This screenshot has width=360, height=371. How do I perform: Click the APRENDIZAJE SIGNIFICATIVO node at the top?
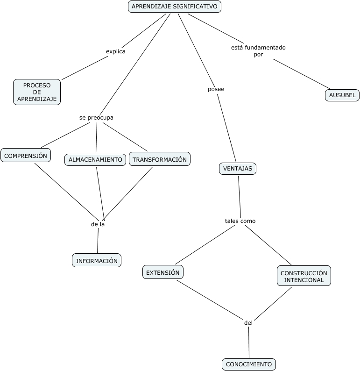175,7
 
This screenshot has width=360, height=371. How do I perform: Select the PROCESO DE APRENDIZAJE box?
37,92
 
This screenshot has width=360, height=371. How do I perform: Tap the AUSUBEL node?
342,95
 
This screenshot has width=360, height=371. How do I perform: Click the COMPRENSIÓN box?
26,156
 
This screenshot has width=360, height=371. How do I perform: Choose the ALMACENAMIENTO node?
95,160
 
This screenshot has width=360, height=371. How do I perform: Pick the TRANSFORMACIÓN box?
160,159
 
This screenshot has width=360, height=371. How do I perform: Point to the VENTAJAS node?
238,169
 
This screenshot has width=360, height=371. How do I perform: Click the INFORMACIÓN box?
97,261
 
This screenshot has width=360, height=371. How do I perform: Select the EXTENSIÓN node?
163,272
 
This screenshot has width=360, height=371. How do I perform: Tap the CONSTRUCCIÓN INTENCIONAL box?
304,276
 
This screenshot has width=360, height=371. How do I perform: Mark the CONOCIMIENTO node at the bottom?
249,364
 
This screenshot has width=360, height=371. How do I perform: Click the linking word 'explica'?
116,51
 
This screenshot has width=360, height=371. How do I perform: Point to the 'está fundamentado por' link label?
258,51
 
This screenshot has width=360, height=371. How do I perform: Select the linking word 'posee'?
216,89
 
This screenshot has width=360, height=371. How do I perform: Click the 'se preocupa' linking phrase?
96,118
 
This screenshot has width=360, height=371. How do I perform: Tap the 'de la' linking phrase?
98,224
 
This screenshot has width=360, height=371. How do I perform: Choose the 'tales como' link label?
240,221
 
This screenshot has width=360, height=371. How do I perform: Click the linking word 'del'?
248,323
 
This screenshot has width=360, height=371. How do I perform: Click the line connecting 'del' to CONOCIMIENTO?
249,342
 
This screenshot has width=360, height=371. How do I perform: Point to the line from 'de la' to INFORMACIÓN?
98,240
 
